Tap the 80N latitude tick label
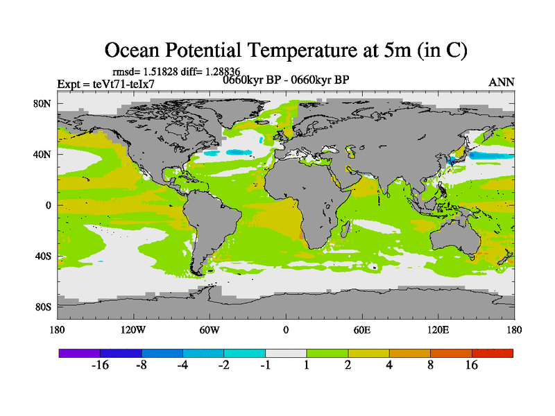43,103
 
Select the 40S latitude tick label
43,256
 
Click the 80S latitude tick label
43,306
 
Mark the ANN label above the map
502,82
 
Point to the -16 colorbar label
101,366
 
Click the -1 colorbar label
265,366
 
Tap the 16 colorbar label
472,366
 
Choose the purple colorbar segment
80,353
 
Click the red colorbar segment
493,353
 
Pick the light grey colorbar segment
286,353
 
